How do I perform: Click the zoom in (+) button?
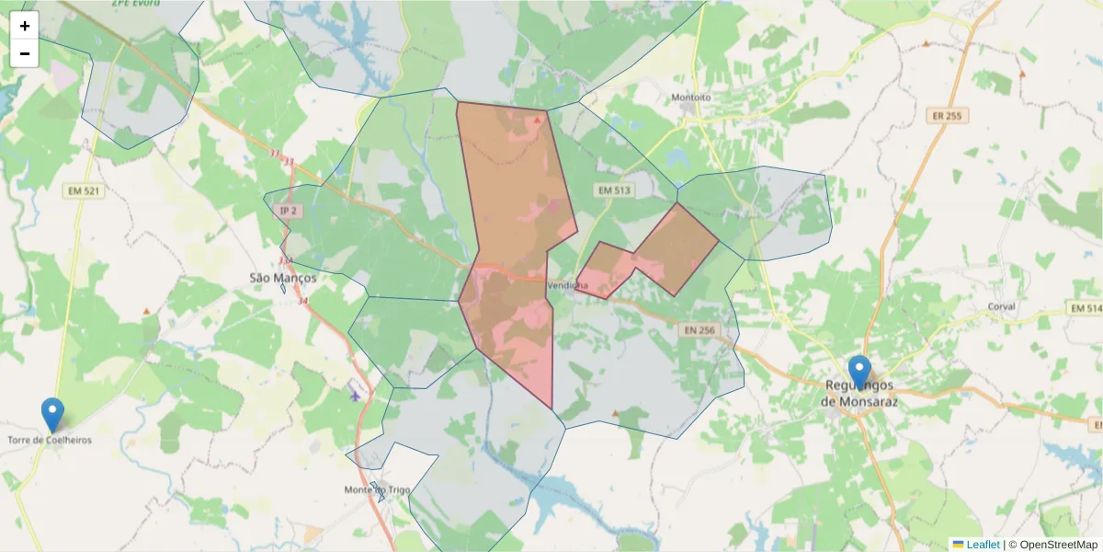(25, 26)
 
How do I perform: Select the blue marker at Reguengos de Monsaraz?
(859, 373)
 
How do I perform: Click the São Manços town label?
(283, 277)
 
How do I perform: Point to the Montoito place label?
(691, 97)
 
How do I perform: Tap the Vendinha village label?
(567, 285)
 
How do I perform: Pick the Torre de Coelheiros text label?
(50, 440)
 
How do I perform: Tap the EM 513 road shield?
(615, 190)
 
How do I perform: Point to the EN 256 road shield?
(699, 330)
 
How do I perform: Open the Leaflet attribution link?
(982, 545)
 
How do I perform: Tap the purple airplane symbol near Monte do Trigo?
(356, 396)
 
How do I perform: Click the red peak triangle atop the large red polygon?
(538, 120)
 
